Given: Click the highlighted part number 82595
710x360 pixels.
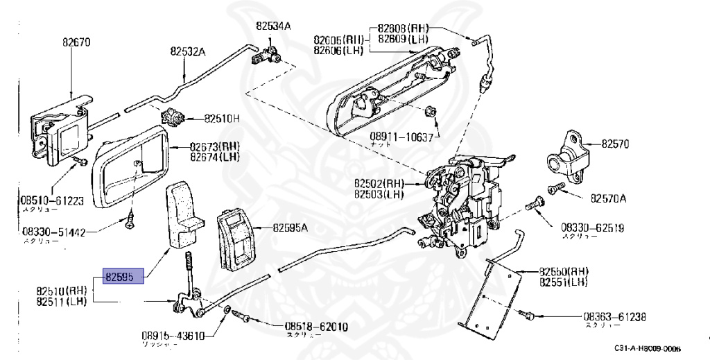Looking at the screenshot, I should [x=123, y=277].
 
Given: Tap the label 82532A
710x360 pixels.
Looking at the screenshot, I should [x=189, y=51].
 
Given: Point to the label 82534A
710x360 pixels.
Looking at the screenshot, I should [x=272, y=26].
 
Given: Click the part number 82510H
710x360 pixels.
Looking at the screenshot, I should [x=221, y=119].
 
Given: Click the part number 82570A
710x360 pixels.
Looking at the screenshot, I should [x=608, y=198].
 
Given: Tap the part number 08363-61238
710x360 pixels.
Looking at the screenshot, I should [x=615, y=317].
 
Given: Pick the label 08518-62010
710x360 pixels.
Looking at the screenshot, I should [x=315, y=326].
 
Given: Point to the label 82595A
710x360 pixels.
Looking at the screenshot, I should [x=290, y=227].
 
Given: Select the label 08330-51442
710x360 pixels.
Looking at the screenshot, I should [x=53, y=233].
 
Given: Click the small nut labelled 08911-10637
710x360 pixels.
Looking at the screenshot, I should [x=430, y=111].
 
